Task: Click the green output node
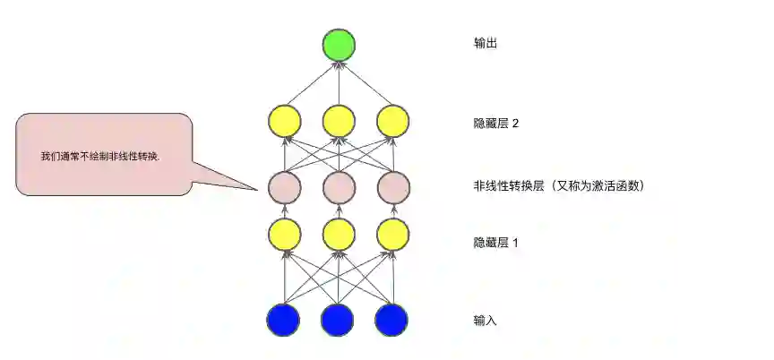[340, 46]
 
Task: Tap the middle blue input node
[338, 320]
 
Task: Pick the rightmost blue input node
[391, 320]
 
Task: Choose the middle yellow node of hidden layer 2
[339, 121]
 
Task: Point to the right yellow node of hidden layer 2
[392, 121]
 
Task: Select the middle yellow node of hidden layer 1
[339, 235]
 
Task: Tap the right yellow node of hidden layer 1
[392, 235]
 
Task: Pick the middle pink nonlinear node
[339, 187]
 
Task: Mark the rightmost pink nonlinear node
[392, 187]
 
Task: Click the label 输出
[485, 43]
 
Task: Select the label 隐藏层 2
[496, 124]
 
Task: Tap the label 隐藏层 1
[496, 243]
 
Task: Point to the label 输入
[485, 320]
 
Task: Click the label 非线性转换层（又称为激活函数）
[559, 186]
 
